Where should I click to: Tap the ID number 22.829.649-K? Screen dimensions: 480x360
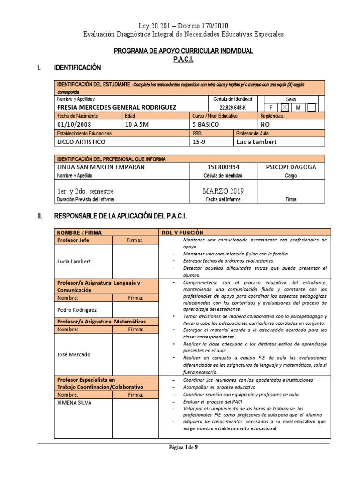[232, 107]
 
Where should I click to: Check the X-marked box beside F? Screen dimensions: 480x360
[284, 107]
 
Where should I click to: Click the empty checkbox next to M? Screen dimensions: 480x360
[311, 107]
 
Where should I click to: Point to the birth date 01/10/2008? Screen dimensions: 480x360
[74, 124]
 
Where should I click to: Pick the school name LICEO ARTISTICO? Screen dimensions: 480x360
[81, 141]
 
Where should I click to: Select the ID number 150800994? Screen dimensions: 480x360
[223, 167]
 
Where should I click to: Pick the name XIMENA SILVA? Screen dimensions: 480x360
[74, 402]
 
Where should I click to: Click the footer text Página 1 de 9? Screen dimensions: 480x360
[184, 447]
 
